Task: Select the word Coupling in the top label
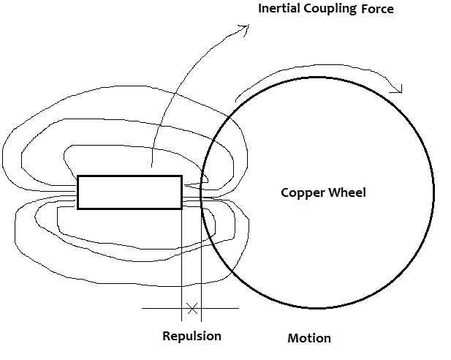pos(333,10)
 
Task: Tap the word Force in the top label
pos(377,10)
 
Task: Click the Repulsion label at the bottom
pos(192,337)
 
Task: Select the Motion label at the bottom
pos(309,338)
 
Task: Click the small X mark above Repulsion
pos(192,309)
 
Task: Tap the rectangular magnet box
pos(129,192)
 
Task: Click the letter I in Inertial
pos(261,10)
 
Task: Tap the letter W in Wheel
pos(330,193)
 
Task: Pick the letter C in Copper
pos(285,193)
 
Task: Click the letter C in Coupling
pos(311,10)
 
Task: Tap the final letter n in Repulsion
pos(217,337)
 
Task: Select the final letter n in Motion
pos(327,339)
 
